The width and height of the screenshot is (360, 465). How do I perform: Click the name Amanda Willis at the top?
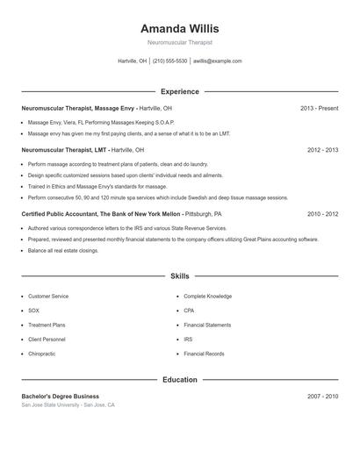tap(179, 29)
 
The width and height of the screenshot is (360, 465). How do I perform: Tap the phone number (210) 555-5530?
tap(170, 61)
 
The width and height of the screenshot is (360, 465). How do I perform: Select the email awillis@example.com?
tap(218, 61)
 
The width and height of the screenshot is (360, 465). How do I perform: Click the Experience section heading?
tap(180, 91)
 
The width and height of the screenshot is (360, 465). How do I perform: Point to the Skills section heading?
tap(180, 275)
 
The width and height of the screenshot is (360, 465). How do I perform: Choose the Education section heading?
tap(180, 380)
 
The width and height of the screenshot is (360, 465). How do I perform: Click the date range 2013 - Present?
tap(319, 108)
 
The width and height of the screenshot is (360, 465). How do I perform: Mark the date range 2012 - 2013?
tap(323, 150)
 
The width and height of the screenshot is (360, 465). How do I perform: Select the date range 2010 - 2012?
tap(323, 213)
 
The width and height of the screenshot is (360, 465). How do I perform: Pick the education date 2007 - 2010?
tap(323, 397)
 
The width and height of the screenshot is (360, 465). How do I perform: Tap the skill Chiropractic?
tap(42, 354)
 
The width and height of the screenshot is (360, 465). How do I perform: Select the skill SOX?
tap(34, 311)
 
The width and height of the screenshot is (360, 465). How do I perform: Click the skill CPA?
tap(189, 311)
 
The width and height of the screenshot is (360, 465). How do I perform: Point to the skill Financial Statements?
tap(207, 325)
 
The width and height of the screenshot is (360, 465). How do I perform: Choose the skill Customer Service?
tap(48, 297)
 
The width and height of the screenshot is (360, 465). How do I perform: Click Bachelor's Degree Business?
tap(61, 397)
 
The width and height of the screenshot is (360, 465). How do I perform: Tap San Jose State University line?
tap(68, 405)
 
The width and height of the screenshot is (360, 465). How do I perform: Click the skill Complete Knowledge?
tap(207, 297)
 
